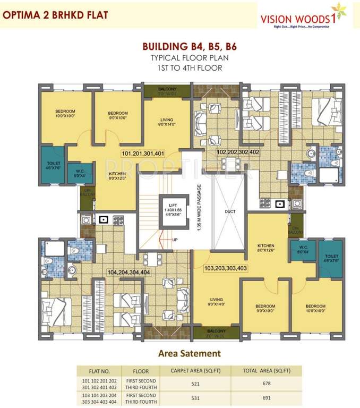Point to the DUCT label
[x=229, y=211]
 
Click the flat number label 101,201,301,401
[x=143, y=154]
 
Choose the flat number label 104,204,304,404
[x=128, y=272]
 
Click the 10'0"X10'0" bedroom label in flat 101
[x=66, y=114]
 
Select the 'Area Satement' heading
[x=190, y=353]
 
